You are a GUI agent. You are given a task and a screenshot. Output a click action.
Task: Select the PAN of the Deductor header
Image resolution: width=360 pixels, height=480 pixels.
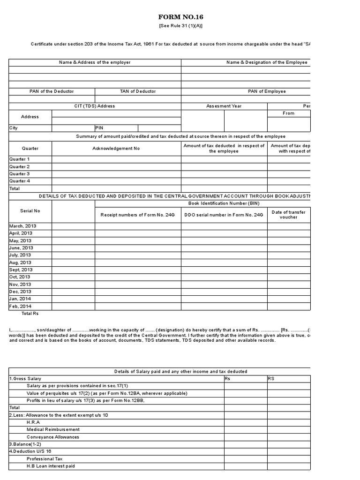(52, 91)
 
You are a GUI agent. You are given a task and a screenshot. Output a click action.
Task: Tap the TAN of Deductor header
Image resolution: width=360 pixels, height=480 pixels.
(138, 91)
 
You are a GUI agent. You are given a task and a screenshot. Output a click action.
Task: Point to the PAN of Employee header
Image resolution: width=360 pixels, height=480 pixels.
(267, 91)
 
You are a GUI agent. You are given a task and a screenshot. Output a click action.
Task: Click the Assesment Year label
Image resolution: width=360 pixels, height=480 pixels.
(224, 106)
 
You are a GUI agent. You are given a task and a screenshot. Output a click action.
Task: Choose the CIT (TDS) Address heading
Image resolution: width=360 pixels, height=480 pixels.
(94, 106)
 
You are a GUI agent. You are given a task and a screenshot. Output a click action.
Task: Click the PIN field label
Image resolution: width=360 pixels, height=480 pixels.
(99, 127)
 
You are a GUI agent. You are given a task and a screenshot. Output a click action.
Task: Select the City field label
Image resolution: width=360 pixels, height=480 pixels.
(13, 127)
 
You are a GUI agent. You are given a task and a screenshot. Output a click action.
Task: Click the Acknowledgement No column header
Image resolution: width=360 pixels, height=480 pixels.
(116, 148)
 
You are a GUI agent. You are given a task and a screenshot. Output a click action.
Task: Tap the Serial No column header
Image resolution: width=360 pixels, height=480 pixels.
(30, 211)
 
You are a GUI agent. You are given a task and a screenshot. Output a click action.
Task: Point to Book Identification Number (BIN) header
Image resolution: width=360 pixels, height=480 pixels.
(224, 203)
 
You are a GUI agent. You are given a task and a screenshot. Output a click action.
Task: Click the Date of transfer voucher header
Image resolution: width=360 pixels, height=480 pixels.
(288, 215)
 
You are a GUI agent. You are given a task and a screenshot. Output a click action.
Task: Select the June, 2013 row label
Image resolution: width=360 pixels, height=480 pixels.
(21, 248)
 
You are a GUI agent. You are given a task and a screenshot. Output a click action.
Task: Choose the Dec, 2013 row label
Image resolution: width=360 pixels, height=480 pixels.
(20, 292)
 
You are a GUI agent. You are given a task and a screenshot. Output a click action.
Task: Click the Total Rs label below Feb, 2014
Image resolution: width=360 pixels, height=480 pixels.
(30, 313)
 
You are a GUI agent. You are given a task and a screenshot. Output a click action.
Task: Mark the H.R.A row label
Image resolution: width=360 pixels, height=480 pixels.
(33, 422)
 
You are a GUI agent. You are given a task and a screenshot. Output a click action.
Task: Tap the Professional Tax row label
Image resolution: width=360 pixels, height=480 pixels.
(44, 459)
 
